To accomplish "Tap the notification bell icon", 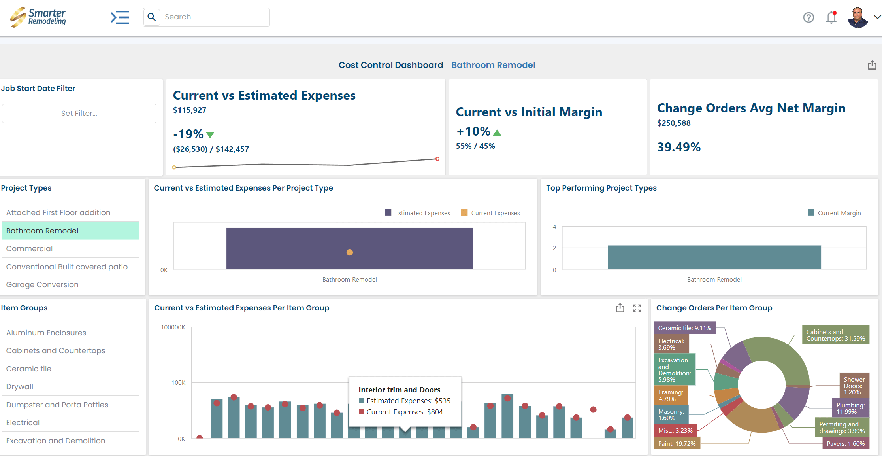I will pyautogui.click(x=831, y=17).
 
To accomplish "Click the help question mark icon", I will pyautogui.click(x=808, y=17).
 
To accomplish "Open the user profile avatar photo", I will pyautogui.click(x=857, y=17).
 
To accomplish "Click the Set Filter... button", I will pyautogui.click(x=79, y=114).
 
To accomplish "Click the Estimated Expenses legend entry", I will pyautogui.click(x=418, y=213).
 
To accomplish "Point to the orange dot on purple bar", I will pyautogui.click(x=349, y=252).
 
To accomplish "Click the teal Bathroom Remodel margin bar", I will pyautogui.click(x=714, y=257).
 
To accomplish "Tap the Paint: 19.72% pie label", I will pyautogui.click(x=677, y=443).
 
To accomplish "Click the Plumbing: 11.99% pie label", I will pyautogui.click(x=850, y=408).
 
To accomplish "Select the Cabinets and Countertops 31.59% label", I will pyautogui.click(x=835, y=335).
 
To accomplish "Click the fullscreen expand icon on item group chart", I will pyautogui.click(x=637, y=308).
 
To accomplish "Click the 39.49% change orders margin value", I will pyautogui.click(x=678, y=147).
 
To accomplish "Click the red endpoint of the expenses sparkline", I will pyautogui.click(x=437, y=159).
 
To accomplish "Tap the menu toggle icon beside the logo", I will pyautogui.click(x=120, y=17).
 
